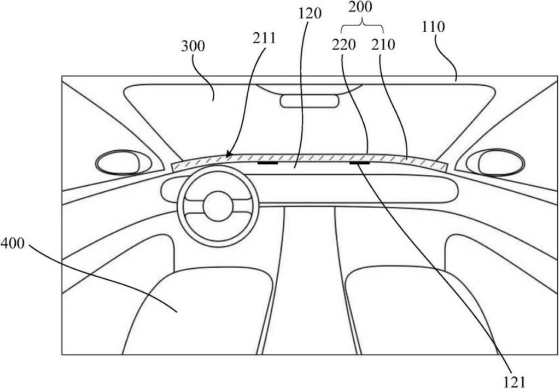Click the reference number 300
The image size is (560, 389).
pos(193,46)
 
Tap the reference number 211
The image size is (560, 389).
pos(264,38)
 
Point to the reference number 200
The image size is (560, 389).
pos(360,7)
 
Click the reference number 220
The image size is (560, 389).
pos(344,45)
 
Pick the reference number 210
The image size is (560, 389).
pos(383,45)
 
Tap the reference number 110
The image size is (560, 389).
pos(433,27)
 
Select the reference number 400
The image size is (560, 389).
pos(13,243)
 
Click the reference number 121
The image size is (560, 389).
pos(514,382)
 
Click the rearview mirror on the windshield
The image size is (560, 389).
pos(310,101)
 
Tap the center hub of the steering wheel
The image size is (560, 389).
pos(218,207)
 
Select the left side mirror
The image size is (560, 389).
pos(123,163)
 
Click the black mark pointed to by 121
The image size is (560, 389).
pos(360,163)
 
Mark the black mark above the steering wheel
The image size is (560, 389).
pos(267,163)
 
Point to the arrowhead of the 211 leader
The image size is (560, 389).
pos(228,155)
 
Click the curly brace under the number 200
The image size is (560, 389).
pos(363,26)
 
